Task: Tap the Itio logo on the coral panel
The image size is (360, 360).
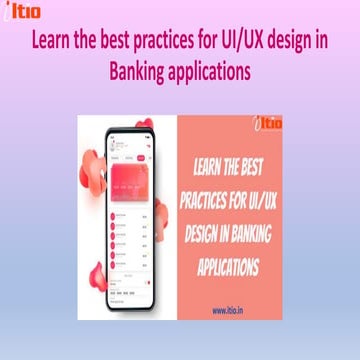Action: (269, 124)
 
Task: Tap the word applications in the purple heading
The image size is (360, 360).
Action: (212, 72)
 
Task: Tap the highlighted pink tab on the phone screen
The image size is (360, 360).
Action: (141, 157)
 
